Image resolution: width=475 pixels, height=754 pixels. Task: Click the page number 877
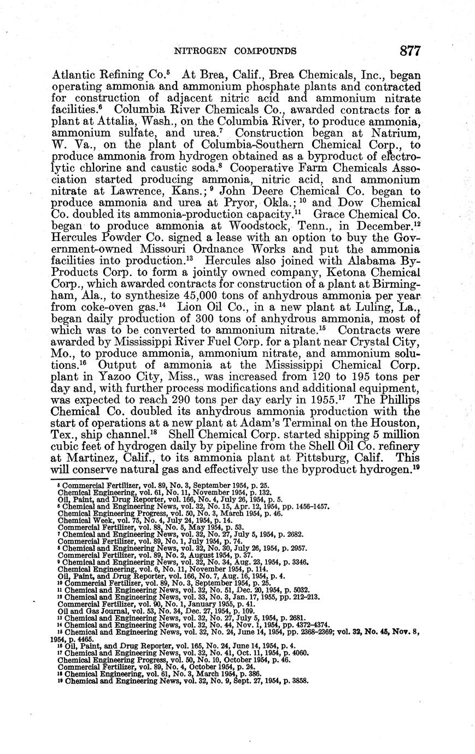[x=409, y=51]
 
